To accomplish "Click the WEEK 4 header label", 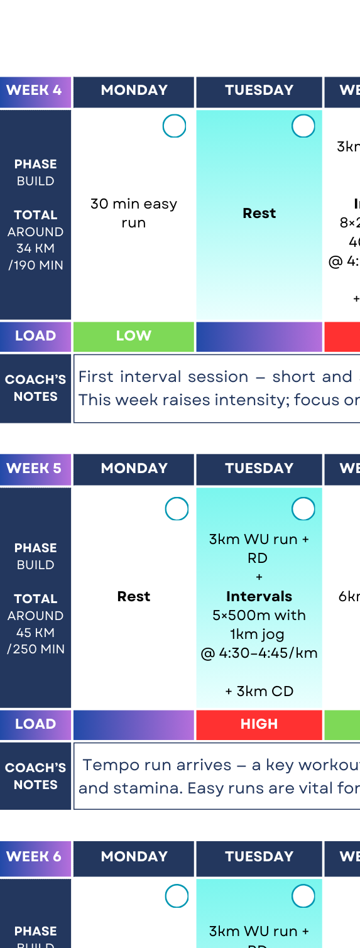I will point(34,90).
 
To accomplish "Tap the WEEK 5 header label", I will point(34,469).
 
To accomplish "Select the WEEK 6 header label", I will point(34,857).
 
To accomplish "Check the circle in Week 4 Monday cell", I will point(174,126).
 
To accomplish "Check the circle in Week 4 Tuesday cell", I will point(303,126).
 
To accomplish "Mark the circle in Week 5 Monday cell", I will point(177,509).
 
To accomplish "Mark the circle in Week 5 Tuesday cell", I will point(303,509).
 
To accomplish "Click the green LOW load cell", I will point(133,336).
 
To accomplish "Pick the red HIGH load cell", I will point(259,724).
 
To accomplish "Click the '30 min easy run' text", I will point(133,213).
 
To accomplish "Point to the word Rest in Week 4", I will point(259,214).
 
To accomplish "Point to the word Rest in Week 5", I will point(133,597).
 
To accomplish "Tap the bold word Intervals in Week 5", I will point(259,596).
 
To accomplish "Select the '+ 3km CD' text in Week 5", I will point(259,692).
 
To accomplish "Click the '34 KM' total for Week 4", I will point(35,248).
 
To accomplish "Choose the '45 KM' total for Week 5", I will point(35,633).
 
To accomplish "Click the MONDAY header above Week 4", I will point(134,90).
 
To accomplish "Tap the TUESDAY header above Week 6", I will point(259,857).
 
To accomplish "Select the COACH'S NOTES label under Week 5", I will point(35,776).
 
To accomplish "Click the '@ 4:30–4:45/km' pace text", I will point(259,653).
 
